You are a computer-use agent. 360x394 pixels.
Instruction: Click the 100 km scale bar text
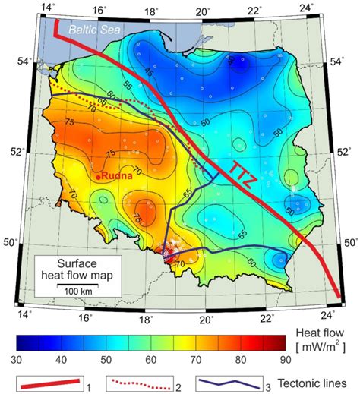[x=73, y=292]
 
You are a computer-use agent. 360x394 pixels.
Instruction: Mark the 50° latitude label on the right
[x=348, y=243]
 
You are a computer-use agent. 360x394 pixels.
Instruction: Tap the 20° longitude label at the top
[x=202, y=11]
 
